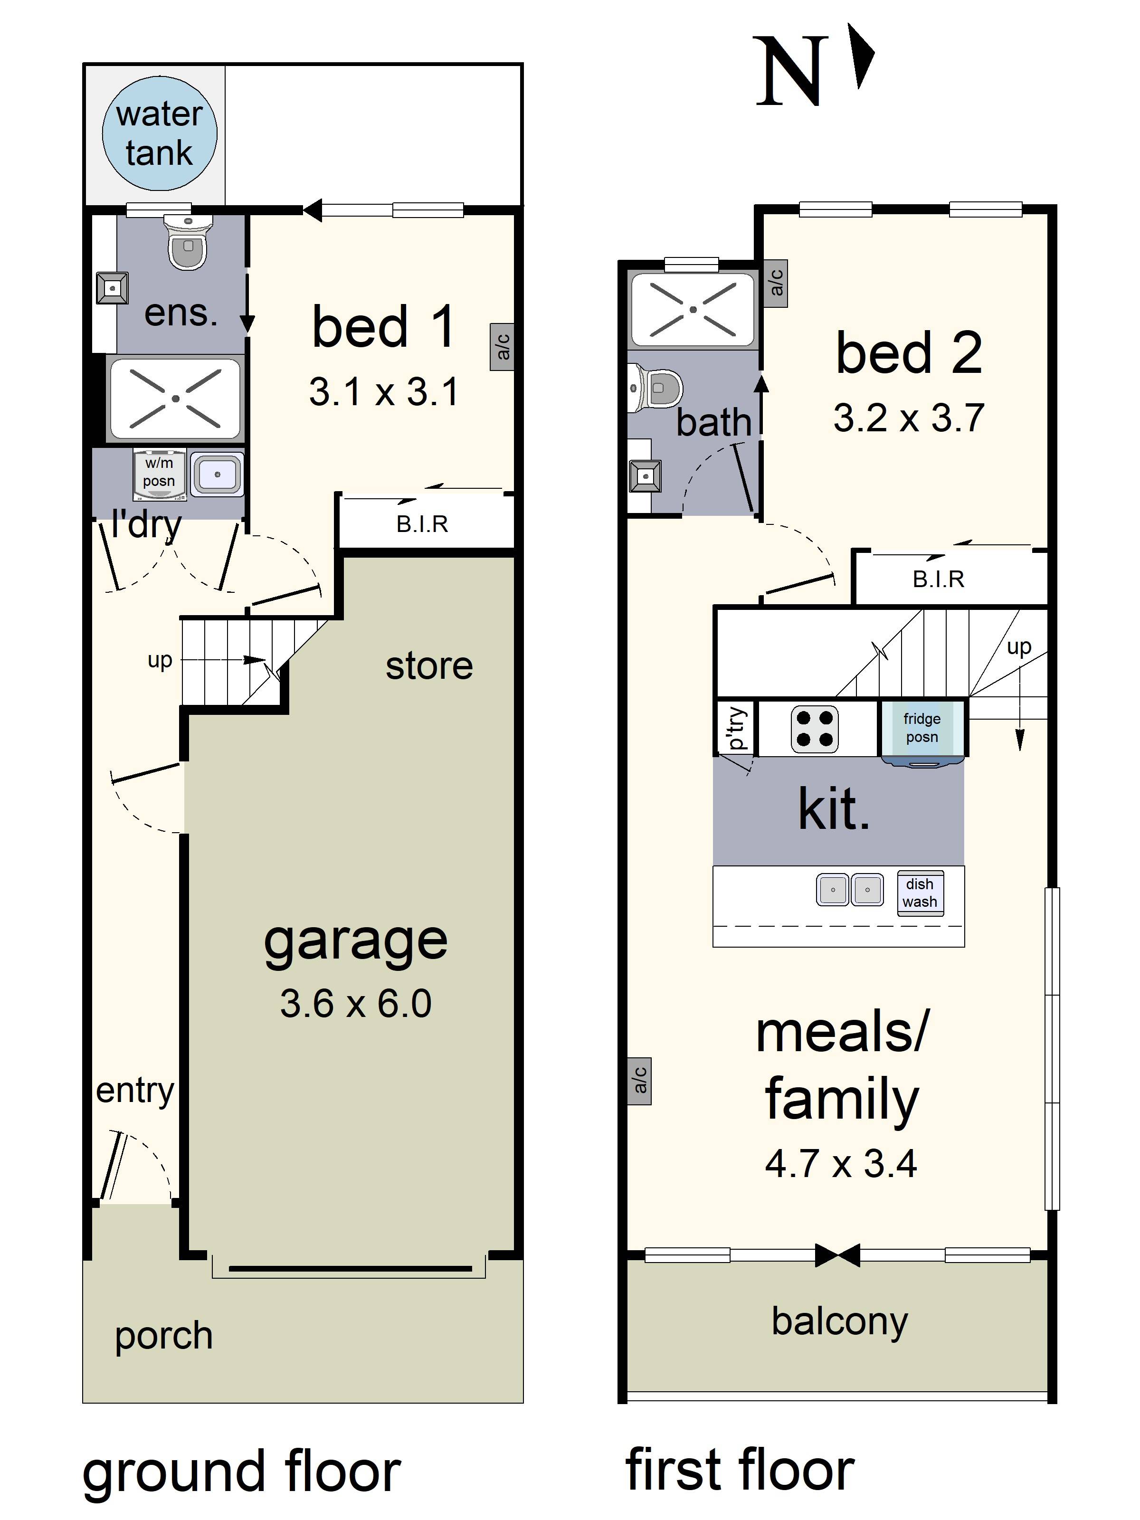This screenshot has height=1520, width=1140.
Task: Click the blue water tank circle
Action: [x=160, y=133]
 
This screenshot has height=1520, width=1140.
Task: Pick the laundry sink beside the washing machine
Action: [x=217, y=474]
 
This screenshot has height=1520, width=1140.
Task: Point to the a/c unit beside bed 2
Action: [x=776, y=283]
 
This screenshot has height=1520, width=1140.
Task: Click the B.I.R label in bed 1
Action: [x=422, y=524]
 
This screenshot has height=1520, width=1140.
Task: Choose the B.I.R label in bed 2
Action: [x=939, y=579]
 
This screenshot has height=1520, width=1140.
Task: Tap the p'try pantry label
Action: [x=735, y=728]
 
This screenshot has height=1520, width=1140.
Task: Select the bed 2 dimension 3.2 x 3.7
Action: [x=909, y=418]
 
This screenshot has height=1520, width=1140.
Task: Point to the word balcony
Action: [x=840, y=1321]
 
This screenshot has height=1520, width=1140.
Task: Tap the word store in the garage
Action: [x=429, y=666]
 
